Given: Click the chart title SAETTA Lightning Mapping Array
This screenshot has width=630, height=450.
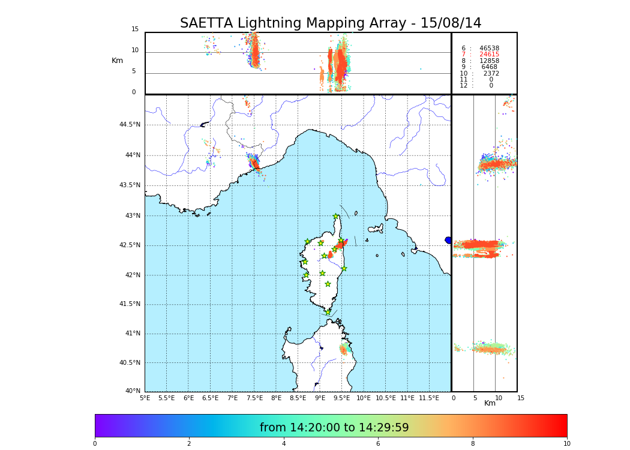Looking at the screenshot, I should coord(331,23).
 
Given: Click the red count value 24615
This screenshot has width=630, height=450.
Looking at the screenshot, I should coord(489,55).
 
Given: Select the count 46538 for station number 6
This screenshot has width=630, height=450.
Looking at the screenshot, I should coord(489,48).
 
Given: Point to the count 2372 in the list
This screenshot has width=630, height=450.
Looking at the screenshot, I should coord(491,74).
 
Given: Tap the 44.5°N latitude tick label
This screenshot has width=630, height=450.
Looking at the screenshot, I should coord(130,125).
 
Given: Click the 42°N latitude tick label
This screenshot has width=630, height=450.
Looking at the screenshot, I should coord(131,275).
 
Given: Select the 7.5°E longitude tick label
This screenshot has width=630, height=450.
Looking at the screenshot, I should coord(254,398).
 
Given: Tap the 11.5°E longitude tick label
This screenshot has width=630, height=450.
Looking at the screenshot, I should coord(429,398).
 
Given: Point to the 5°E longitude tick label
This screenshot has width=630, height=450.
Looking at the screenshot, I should coord(145,398).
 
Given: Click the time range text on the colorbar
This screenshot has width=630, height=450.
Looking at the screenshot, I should coord(334,428).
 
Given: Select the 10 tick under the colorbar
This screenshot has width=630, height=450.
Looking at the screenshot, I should coord(566,444).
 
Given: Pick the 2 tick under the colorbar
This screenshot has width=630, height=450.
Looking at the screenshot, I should coord(189,444).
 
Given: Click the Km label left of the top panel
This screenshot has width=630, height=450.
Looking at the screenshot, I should coord(117,61).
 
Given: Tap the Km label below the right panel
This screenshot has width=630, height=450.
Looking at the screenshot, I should coord(490,403).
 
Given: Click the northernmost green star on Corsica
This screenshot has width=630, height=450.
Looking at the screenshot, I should coord(336,217).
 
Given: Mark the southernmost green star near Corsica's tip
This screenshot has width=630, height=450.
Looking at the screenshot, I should coord(328,312).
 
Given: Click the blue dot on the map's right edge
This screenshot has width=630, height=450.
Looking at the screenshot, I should coord(448,240).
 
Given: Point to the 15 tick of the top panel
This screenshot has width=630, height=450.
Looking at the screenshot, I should coord(135,29).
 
